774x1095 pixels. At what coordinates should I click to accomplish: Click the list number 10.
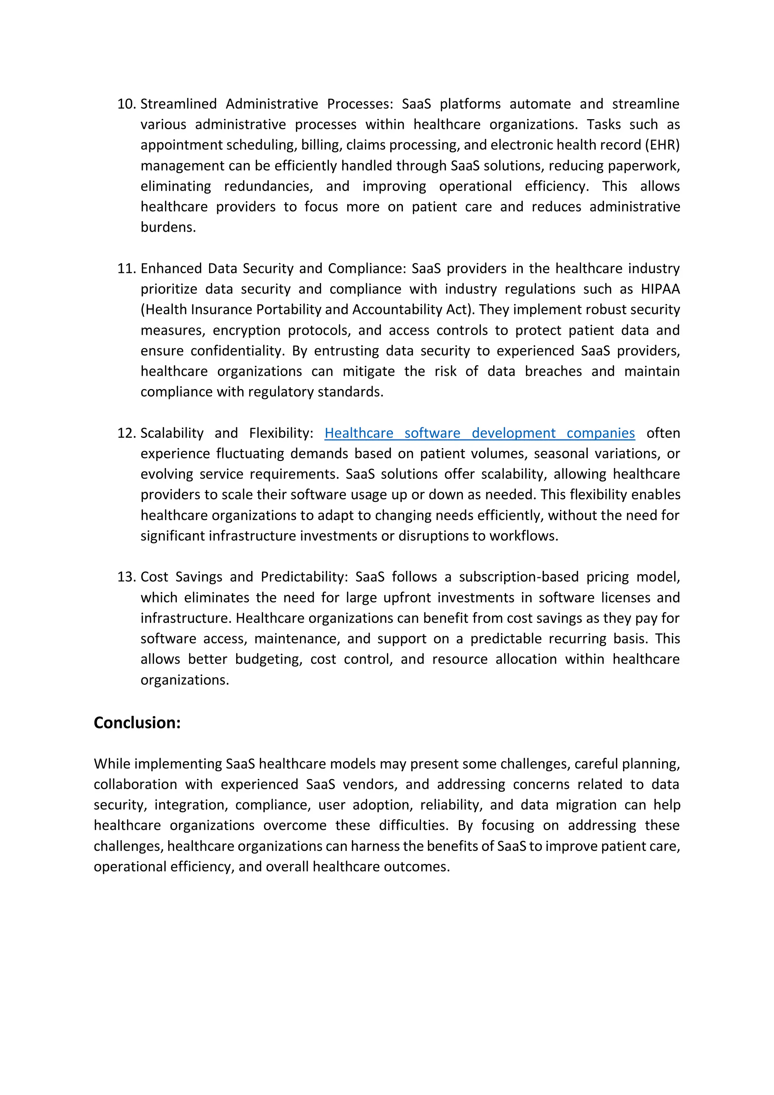tap(126, 104)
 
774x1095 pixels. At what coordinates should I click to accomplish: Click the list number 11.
tap(126, 268)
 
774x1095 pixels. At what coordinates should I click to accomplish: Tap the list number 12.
tap(126, 433)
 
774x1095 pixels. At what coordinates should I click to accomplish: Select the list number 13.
tap(126, 577)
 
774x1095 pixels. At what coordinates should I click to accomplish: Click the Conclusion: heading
tap(137, 723)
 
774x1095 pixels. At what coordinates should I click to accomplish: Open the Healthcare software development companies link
tap(480, 433)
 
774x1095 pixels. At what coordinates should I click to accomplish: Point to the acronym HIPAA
tap(660, 289)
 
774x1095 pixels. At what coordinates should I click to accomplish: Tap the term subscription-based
tap(519, 577)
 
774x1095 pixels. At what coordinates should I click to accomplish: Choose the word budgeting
tap(268, 659)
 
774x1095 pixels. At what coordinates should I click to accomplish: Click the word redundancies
tap(268, 186)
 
